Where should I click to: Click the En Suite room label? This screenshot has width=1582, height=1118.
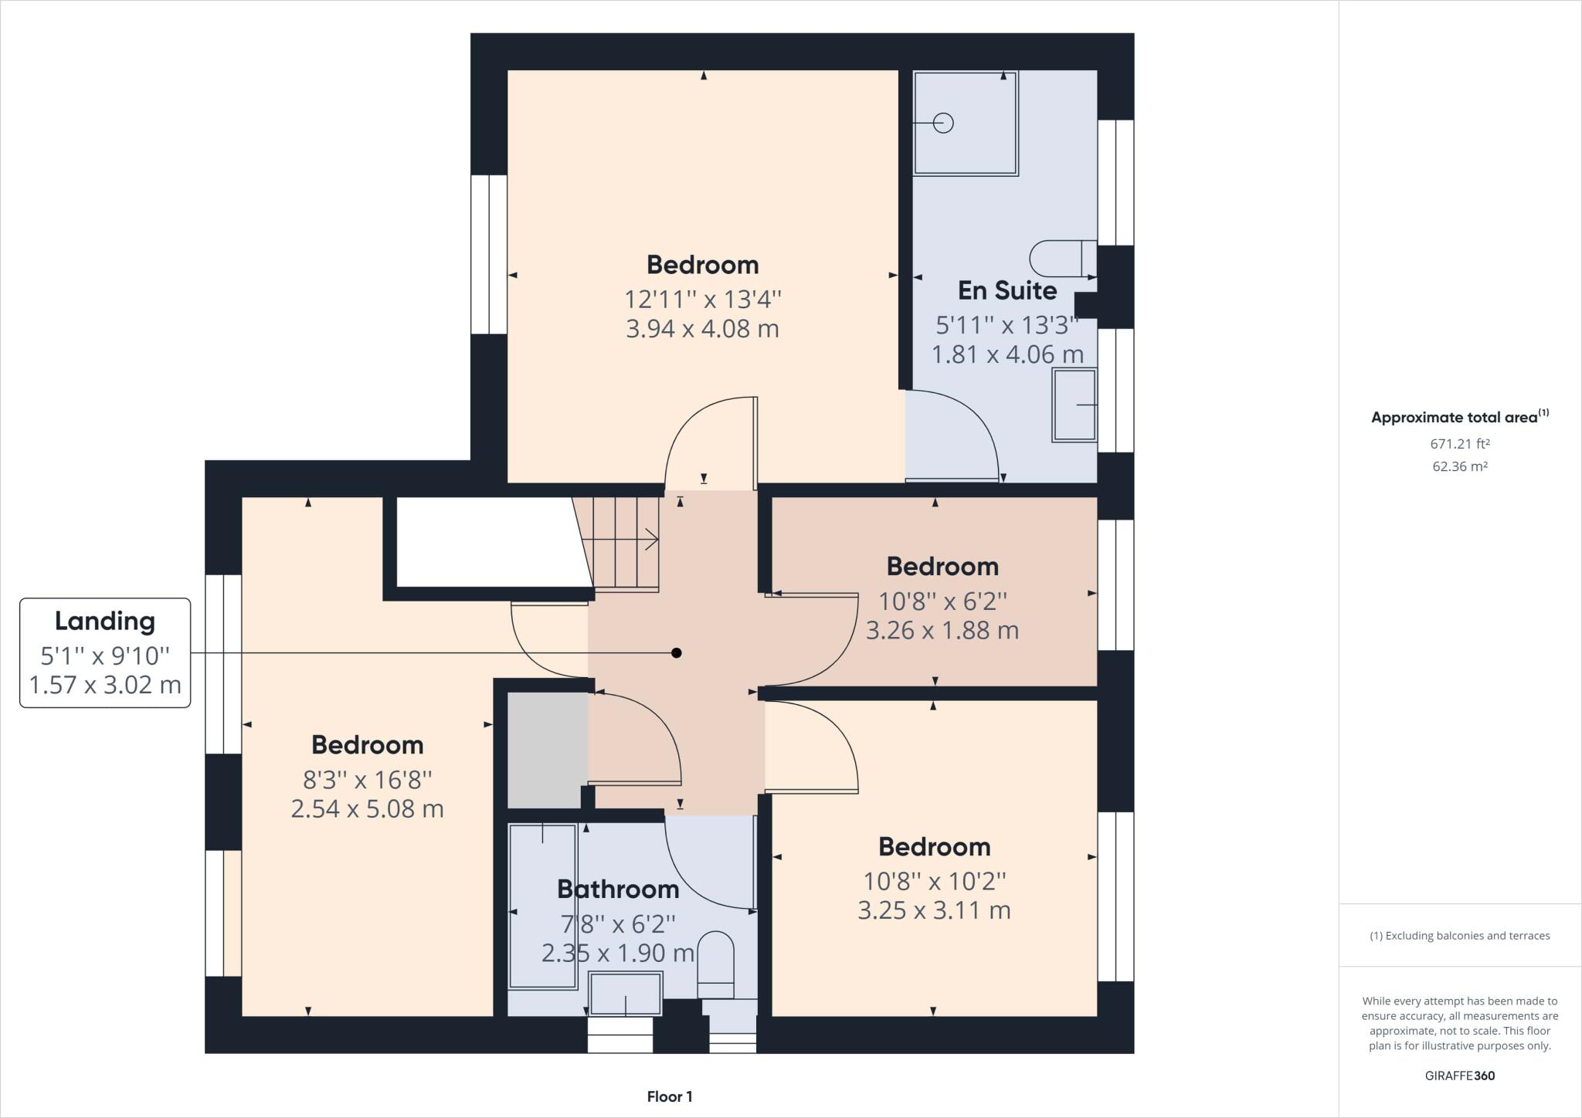(1007, 290)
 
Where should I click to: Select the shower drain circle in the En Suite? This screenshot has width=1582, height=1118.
(943, 123)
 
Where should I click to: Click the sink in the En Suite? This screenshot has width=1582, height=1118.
(1074, 405)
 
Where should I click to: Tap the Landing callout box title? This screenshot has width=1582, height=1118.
(104, 621)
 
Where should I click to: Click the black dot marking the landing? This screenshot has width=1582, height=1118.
(677, 653)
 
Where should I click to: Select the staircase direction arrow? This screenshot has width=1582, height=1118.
(649, 540)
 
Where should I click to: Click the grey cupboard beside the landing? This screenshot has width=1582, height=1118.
(547, 749)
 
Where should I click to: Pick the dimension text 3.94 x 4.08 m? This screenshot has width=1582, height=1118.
(702, 329)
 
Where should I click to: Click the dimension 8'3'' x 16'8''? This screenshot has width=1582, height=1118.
(367, 780)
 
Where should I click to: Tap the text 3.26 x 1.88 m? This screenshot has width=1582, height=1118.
(942, 631)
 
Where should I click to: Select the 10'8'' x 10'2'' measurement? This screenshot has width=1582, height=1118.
(935, 881)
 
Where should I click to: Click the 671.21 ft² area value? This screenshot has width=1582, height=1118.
(1459, 444)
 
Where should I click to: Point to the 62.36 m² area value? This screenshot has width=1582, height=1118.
(1459, 466)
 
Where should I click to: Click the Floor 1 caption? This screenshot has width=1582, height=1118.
(670, 1096)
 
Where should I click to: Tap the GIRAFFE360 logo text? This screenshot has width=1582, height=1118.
(1459, 1076)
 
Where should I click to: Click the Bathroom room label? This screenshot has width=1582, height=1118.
(618, 889)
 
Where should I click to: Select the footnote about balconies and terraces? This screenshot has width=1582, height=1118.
(1459, 936)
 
